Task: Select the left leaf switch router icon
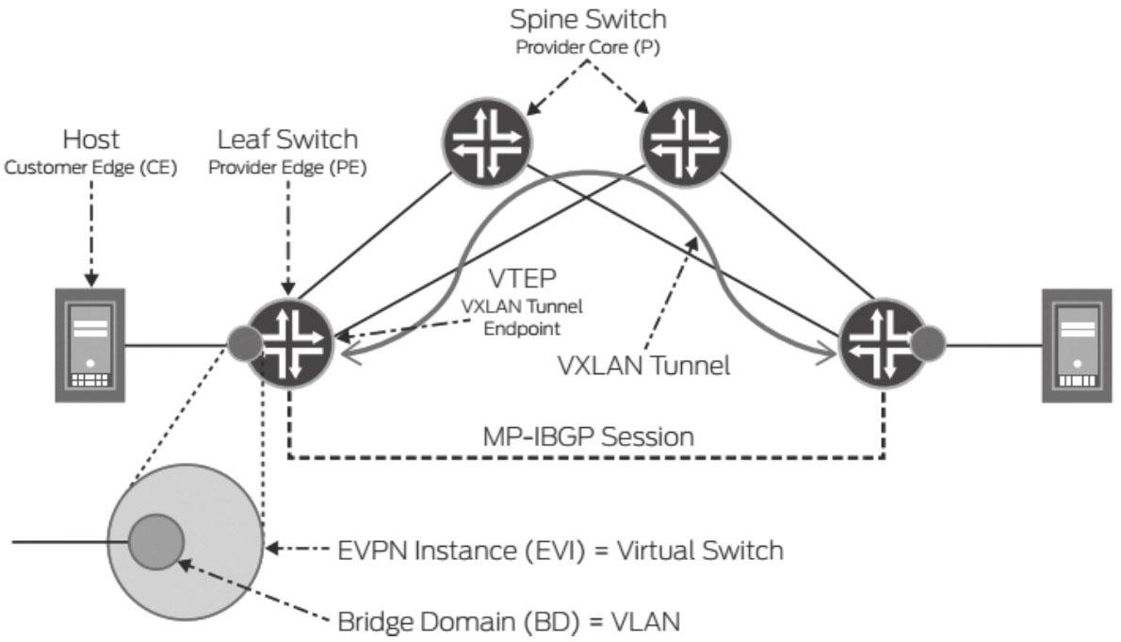pyautogui.click(x=290, y=343)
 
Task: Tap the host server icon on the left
pyautogui.click(x=89, y=345)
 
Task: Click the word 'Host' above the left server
pyautogui.click(x=91, y=140)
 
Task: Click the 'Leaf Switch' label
pyautogui.click(x=287, y=140)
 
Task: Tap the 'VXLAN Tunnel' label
pyautogui.click(x=644, y=366)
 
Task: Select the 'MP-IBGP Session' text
pyautogui.click(x=587, y=437)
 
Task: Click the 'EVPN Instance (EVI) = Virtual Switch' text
pyautogui.click(x=560, y=550)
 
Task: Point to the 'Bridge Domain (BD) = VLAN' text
pyautogui.click(x=509, y=622)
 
